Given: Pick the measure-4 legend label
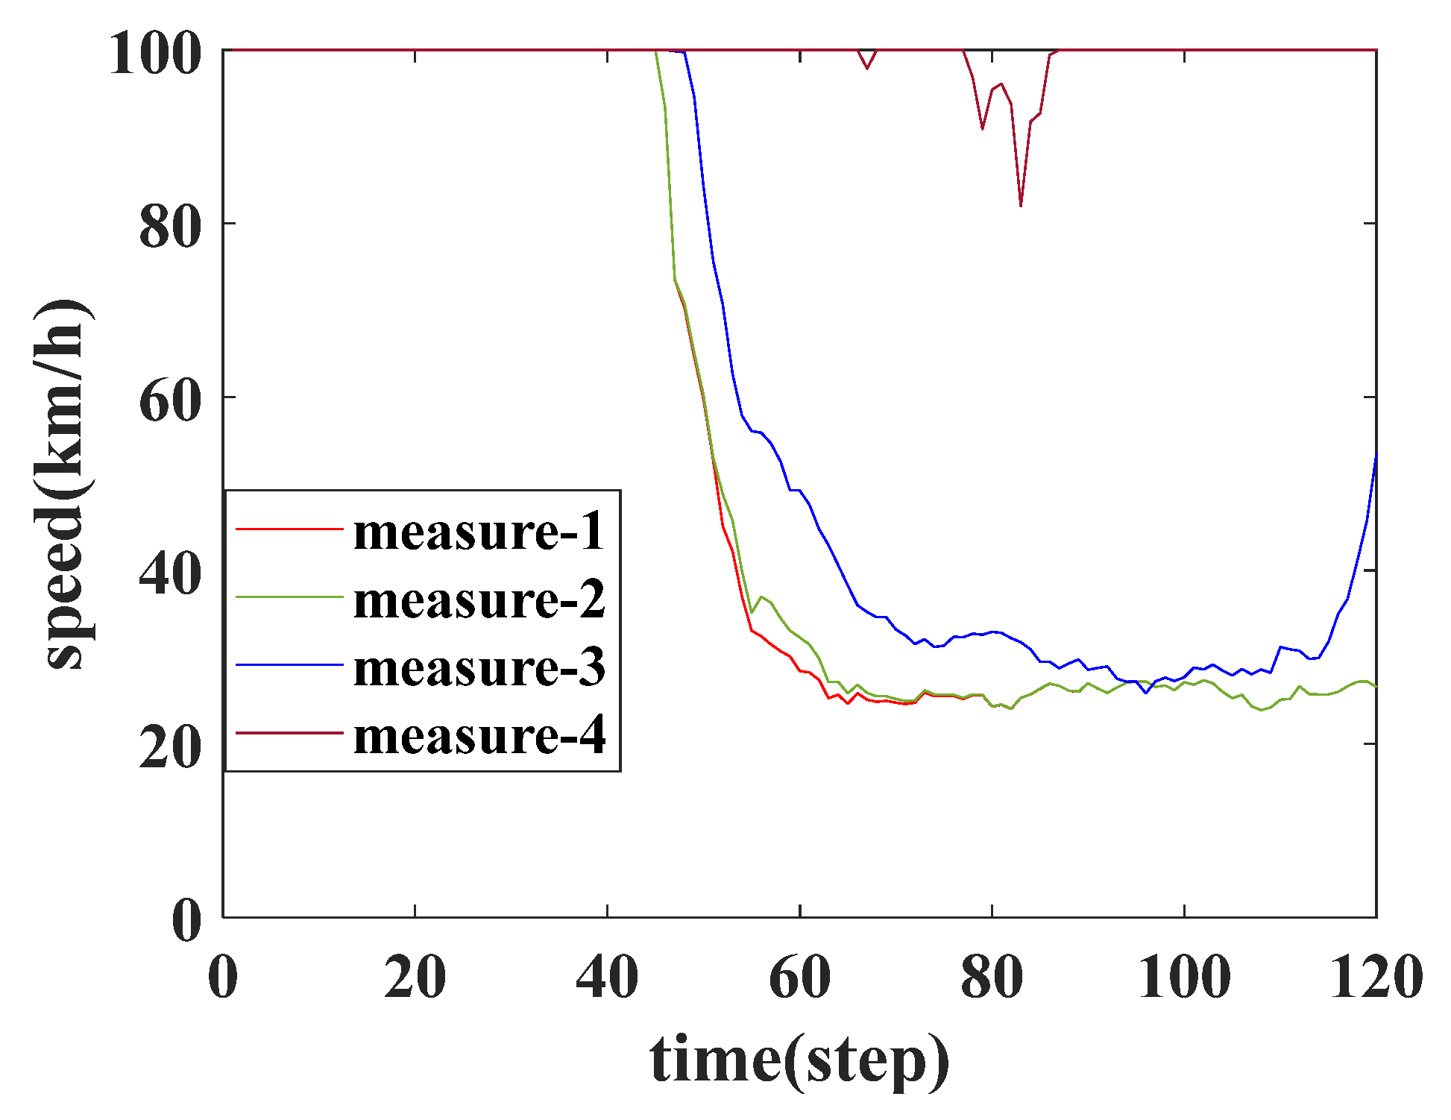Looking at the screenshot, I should point(479,734).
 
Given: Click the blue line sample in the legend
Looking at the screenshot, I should point(289,664).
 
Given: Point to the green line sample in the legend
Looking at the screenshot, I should point(289,597).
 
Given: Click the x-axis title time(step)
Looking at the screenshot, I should point(799,1059).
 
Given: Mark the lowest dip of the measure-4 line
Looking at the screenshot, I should point(1021,205).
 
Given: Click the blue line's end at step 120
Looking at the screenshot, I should point(1376,454).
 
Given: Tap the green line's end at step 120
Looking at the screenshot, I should point(1376,686).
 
